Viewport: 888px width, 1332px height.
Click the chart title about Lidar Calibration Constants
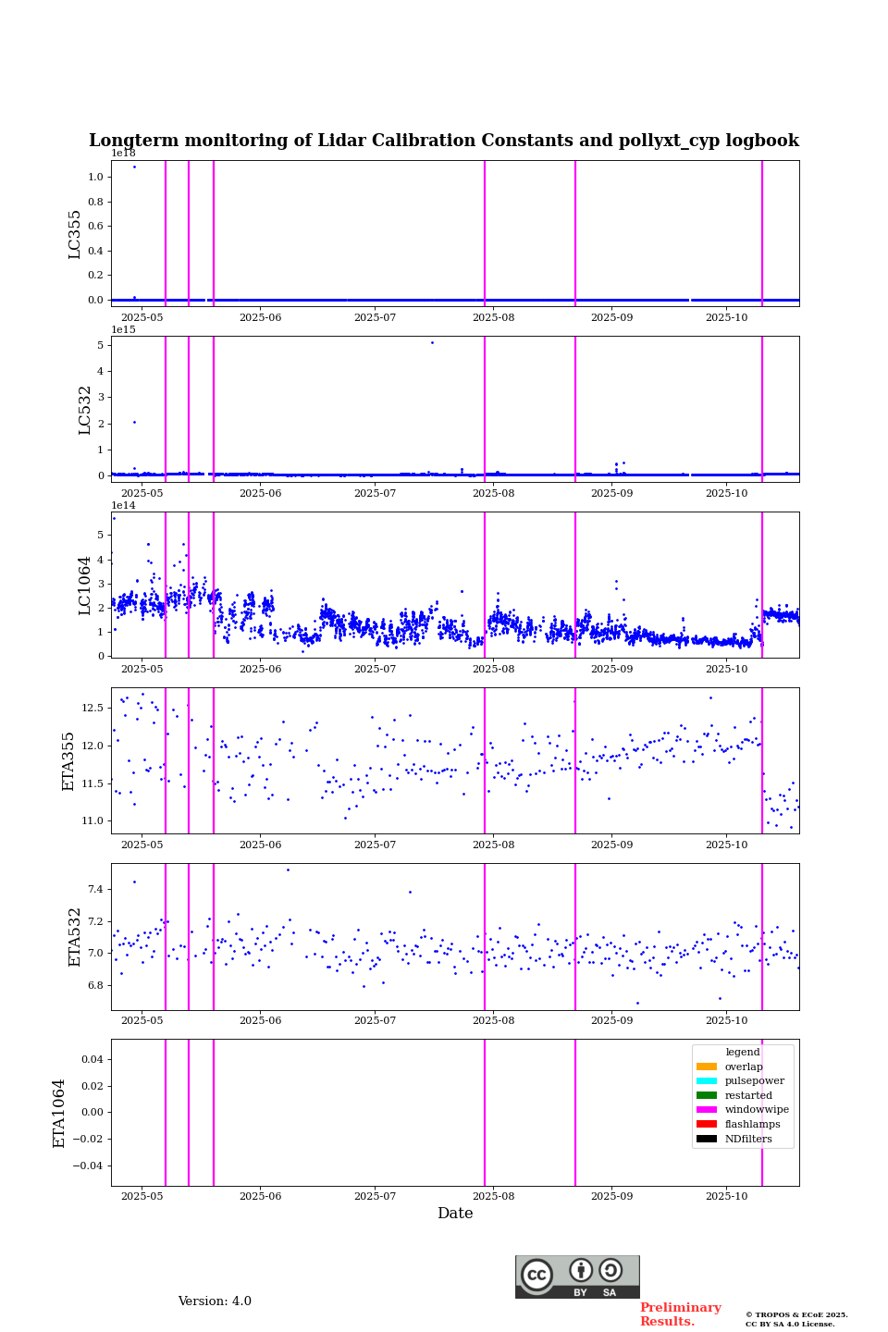[443, 141]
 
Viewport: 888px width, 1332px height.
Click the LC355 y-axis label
[75, 234]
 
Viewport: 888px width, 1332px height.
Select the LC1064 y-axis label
[85, 585]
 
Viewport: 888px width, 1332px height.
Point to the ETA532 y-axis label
[75, 937]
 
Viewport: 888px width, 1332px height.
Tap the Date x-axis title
[455, 1214]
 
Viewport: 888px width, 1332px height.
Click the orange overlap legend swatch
[707, 1067]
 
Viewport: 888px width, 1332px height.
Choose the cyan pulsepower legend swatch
[707, 1081]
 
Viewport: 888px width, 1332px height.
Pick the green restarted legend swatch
[707, 1095]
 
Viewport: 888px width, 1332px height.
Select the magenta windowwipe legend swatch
[707, 1110]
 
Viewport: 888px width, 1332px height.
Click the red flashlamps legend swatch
[707, 1124]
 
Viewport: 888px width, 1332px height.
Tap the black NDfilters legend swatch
[707, 1139]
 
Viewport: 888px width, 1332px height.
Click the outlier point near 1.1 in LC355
[134, 166]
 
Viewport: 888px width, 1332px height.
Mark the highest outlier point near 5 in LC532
[432, 342]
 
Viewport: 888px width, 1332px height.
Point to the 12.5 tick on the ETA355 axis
[92, 708]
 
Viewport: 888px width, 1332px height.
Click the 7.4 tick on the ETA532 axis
[95, 889]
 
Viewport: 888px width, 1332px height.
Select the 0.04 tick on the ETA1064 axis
[92, 1059]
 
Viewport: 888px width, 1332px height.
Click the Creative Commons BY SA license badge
[577, 1276]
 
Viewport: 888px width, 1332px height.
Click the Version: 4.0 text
[215, 1301]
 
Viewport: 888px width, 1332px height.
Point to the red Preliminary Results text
[680, 1314]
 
